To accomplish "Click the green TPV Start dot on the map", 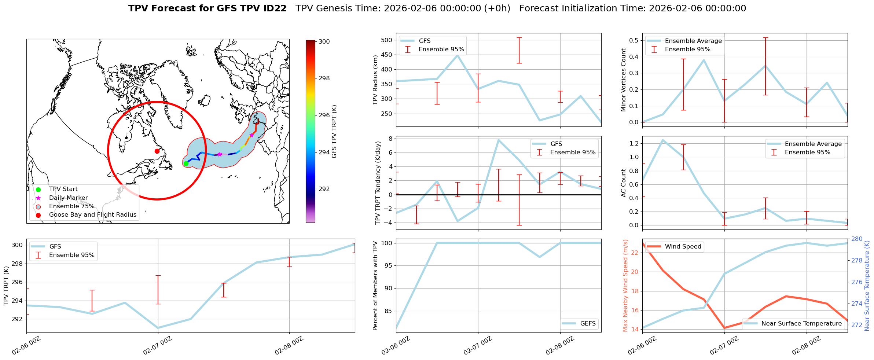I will (x=186, y=164).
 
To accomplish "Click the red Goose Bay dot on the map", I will (x=157, y=151).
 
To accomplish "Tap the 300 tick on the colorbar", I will (x=324, y=42).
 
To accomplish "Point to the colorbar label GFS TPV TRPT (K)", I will (x=334, y=132).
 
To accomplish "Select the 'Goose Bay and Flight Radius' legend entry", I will (x=92, y=215).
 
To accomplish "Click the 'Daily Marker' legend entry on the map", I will (x=68, y=198).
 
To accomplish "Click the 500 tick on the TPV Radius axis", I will (x=387, y=40).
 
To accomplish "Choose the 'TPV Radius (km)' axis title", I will (x=375, y=80).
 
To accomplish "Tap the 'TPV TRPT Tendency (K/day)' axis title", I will (x=378, y=183).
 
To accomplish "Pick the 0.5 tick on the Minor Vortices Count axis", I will (x=634, y=40).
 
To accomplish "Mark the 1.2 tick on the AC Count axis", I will (x=634, y=143).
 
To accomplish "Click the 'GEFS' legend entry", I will (x=588, y=323).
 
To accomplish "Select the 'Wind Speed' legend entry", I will (x=683, y=247).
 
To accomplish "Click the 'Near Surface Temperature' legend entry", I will (x=801, y=323).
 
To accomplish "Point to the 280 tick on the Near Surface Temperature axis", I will (x=857, y=239).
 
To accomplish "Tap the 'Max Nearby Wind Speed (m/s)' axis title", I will (x=625, y=286).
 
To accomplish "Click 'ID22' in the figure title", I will (x=275, y=8).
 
